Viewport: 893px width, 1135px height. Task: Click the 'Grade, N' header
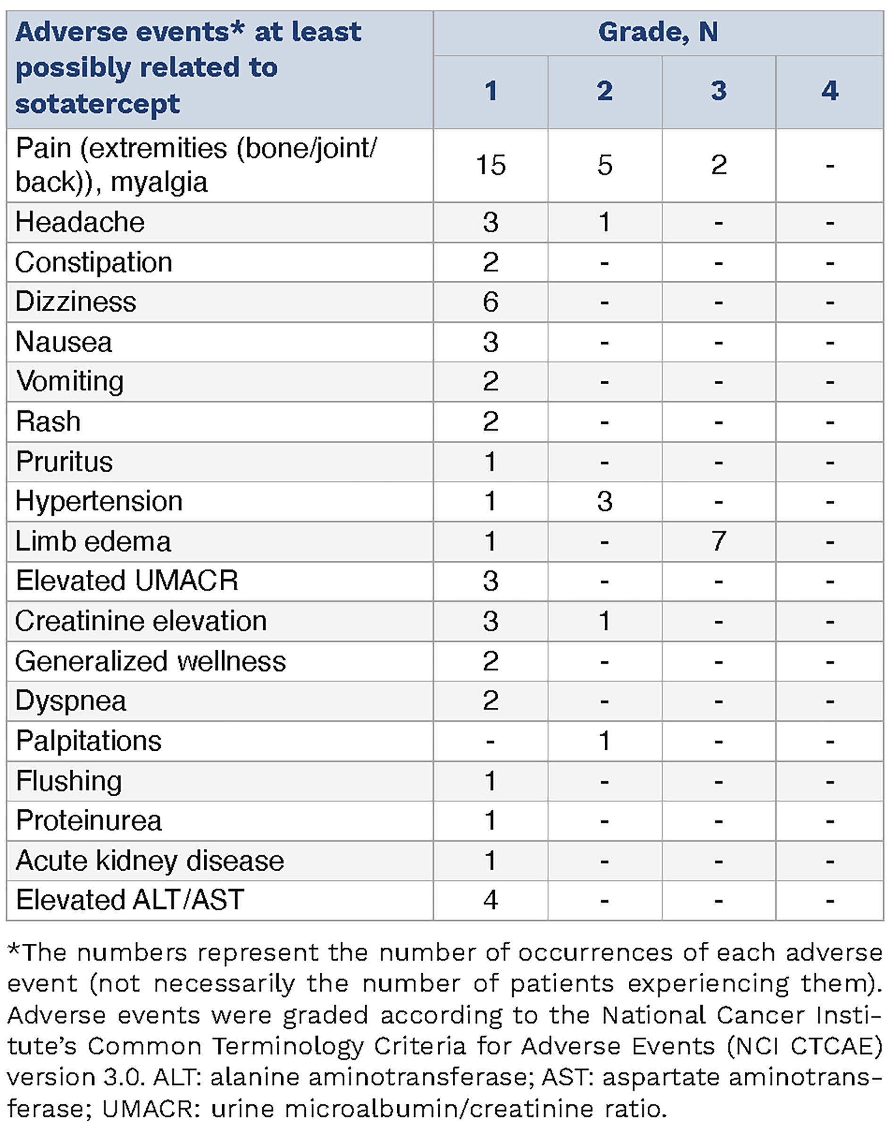click(x=658, y=33)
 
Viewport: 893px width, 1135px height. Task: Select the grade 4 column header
click(x=830, y=91)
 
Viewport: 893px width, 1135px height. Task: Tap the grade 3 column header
click(x=718, y=91)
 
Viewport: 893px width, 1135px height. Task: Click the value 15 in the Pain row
click(x=491, y=165)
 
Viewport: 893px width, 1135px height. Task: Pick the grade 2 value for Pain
click(x=604, y=165)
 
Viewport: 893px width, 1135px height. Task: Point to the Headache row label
click(x=80, y=222)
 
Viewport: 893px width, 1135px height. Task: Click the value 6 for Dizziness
click(x=491, y=303)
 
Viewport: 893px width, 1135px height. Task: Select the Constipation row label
click(x=93, y=262)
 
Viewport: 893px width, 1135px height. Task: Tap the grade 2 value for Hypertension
click(x=604, y=502)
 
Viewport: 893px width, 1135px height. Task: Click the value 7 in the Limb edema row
click(x=718, y=541)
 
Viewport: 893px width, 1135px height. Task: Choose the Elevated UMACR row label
click(x=127, y=581)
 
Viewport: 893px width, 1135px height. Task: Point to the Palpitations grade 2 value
click(x=604, y=741)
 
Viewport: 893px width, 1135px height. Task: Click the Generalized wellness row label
click(x=150, y=662)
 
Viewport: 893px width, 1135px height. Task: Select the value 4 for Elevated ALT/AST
click(x=491, y=900)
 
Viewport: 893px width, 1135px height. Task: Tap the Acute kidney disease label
click(x=150, y=861)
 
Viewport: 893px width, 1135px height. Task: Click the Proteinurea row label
click(x=89, y=821)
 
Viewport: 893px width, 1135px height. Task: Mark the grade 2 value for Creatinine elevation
click(x=604, y=622)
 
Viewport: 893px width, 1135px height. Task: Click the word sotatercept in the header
click(x=98, y=104)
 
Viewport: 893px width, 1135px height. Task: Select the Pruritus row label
click(x=64, y=462)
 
